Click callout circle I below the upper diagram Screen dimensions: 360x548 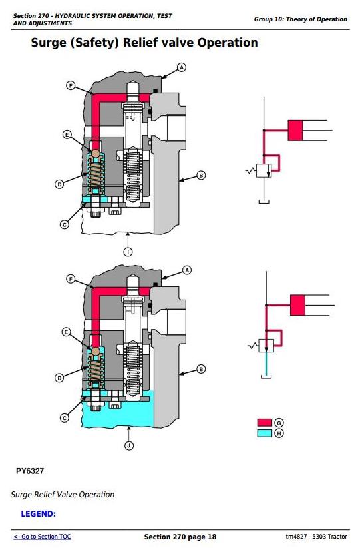tap(128, 252)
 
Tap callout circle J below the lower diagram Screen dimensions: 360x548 tap(129, 445)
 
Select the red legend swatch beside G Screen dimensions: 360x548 tap(264, 423)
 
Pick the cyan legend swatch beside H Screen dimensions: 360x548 tap(264, 433)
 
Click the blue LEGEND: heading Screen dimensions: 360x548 tap(39, 514)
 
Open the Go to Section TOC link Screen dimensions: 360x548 tap(42, 537)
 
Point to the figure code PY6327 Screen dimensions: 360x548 tap(30, 471)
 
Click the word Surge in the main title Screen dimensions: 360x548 tap(49, 43)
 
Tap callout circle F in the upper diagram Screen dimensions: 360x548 tap(71, 85)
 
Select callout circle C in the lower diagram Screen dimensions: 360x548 tap(65, 418)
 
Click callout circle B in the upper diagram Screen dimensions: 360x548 tap(201, 175)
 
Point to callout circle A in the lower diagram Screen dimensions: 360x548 tap(187, 270)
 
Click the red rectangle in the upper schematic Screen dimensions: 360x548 tap(295, 131)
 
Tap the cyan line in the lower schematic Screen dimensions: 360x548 tap(266, 363)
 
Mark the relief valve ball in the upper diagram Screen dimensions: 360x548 tap(96, 153)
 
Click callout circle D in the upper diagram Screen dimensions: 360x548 tap(59, 184)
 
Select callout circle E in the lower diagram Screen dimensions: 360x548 tap(67, 332)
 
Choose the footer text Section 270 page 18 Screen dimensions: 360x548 tap(180, 537)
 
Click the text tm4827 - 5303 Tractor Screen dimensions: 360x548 tap(316, 537)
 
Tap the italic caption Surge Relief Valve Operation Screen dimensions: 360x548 tap(63, 495)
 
